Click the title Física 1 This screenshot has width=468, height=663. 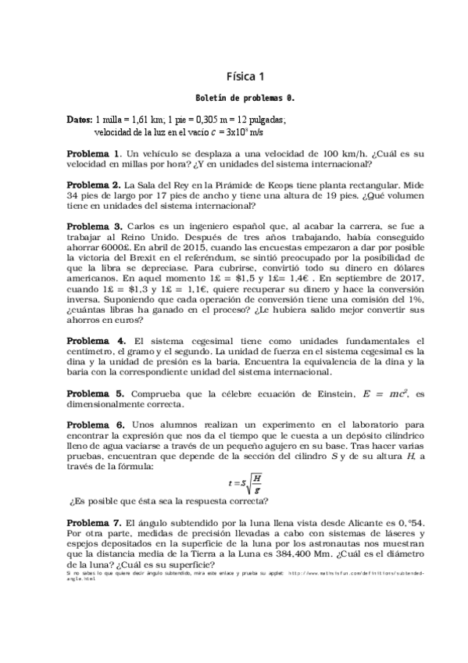(x=245, y=76)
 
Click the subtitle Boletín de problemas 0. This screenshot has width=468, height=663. (x=245, y=99)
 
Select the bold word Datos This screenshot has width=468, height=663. (x=79, y=120)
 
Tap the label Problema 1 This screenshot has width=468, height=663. (x=94, y=153)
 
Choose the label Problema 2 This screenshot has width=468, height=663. (x=94, y=185)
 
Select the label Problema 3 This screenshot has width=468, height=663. (x=94, y=226)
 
